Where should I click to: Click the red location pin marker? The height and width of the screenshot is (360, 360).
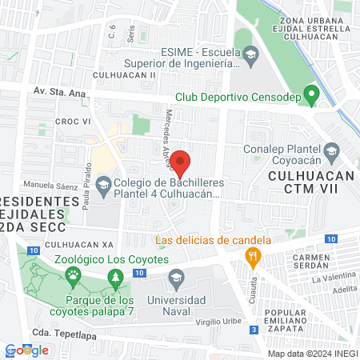click(x=182, y=162)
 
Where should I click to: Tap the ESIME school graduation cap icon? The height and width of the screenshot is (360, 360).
click(x=250, y=54)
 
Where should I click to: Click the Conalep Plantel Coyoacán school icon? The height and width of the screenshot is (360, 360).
click(x=331, y=150)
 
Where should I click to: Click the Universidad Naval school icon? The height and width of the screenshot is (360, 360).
click(x=177, y=280)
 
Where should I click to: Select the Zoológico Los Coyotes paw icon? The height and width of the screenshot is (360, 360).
click(x=74, y=276)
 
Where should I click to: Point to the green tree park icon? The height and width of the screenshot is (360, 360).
click(x=117, y=277)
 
